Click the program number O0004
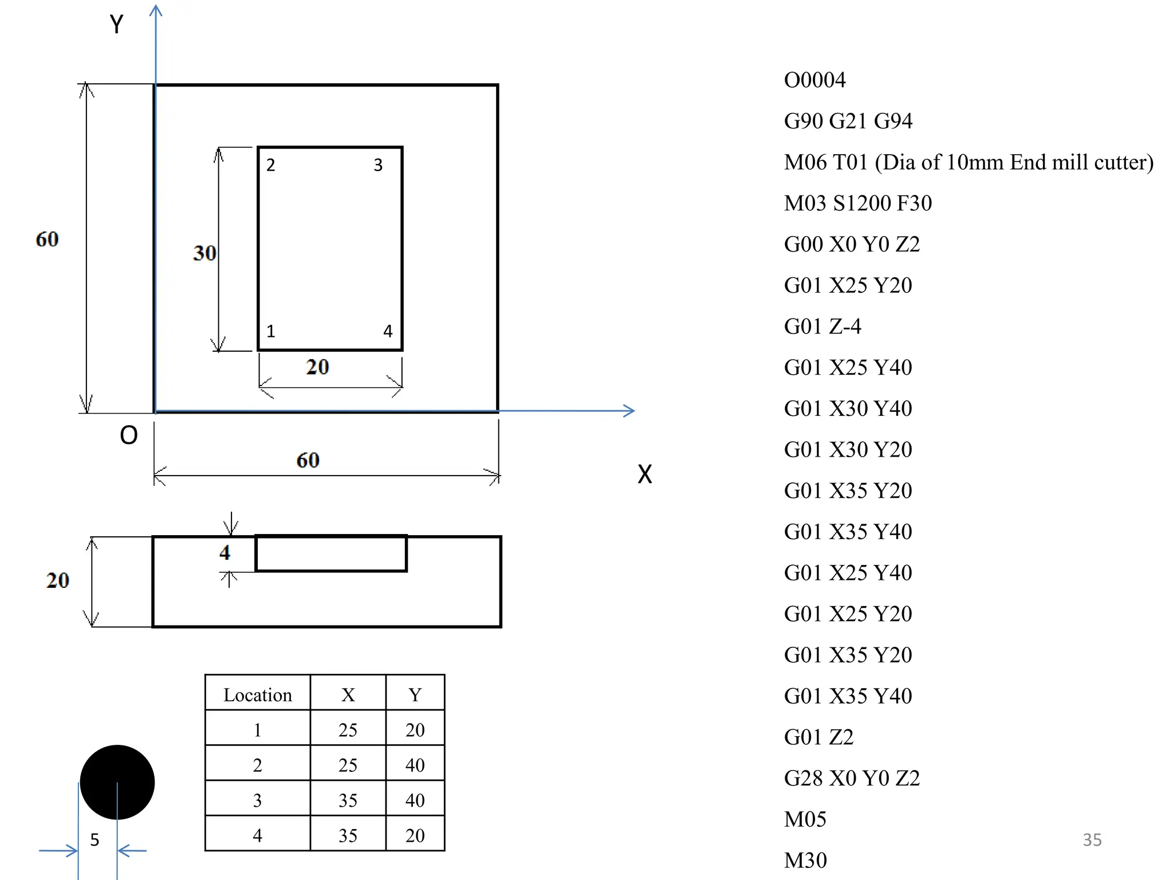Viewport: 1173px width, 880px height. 814,80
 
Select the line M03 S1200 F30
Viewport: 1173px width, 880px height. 857,203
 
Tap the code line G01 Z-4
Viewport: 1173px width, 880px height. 822,326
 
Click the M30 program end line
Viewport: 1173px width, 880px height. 805,860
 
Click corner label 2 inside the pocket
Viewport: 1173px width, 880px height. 271,165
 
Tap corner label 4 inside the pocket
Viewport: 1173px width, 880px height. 388,331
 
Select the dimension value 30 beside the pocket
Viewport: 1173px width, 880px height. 204,253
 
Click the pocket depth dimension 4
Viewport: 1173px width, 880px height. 225,552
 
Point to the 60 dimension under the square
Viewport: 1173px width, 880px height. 308,460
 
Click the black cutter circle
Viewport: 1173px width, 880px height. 117,782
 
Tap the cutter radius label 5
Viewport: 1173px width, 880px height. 95,840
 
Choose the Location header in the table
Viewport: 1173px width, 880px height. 257,694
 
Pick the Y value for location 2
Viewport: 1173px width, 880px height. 415,765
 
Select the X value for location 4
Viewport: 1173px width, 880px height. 348,835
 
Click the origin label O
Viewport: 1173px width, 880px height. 128,435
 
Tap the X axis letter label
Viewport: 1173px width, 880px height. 645,474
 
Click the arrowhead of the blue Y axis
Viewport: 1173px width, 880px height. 156,10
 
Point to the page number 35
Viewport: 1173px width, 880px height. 1092,839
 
